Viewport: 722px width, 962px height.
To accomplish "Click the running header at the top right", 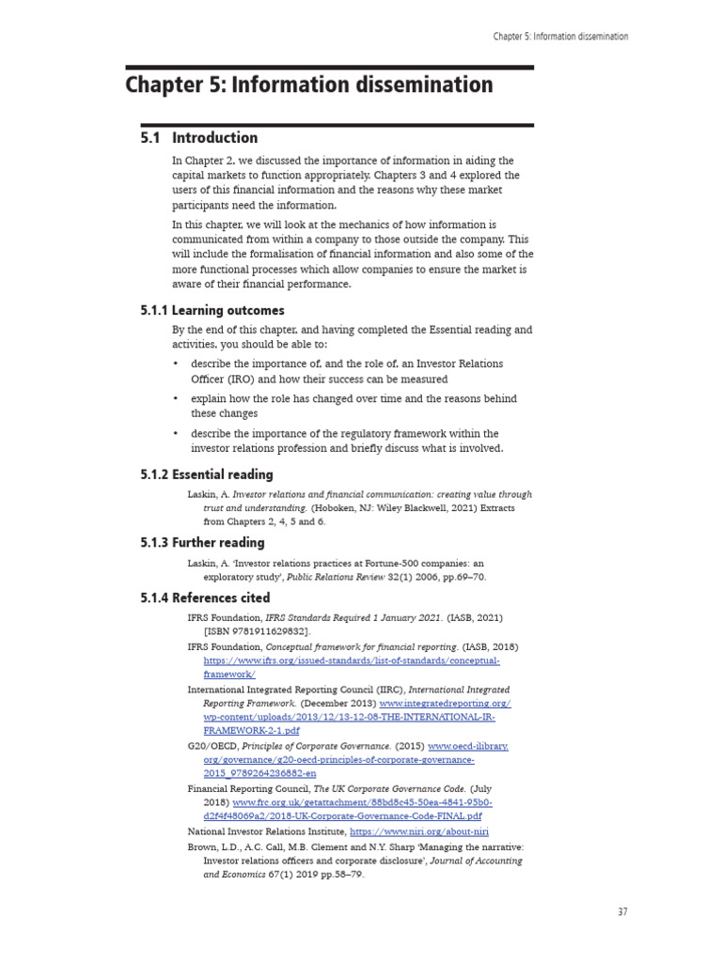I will tap(560, 37).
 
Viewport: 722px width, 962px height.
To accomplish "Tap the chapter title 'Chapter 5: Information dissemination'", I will tap(309, 85).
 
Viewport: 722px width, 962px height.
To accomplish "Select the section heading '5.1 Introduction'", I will tap(199, 138).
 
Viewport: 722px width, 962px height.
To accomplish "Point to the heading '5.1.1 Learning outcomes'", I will tap(212, 310).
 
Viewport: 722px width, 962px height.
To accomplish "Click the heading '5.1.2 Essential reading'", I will tap(207, 474).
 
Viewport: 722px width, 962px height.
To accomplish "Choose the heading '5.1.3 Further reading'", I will tap(202, 542).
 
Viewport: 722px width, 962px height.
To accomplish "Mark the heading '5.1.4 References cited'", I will tap(205, 597).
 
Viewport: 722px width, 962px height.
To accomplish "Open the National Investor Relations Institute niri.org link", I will tap(418, 831).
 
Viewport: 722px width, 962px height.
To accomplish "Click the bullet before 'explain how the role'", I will tap(178, 398).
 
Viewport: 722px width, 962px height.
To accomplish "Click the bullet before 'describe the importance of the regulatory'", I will tap(178, 433).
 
